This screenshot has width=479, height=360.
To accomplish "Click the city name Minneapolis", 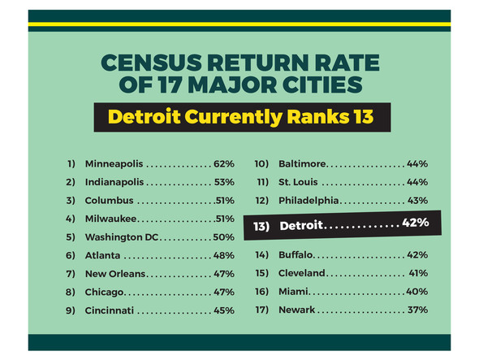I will pos(113,163).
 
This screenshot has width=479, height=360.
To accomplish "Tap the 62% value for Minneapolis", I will pos(224,163).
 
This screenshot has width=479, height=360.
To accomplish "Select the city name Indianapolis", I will pos(114,181).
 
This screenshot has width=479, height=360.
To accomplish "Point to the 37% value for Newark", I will pos(417,310).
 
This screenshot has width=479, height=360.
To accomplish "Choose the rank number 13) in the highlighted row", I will pos(261,227).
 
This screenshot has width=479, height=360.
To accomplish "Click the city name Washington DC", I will pos(121,236).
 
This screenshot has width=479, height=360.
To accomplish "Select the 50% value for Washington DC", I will pos(224,236).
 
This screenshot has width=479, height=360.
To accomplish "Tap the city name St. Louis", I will pos(298,181).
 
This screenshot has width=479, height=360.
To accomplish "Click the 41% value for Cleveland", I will pos(418,273).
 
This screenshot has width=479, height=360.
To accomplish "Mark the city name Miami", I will pos(292,291).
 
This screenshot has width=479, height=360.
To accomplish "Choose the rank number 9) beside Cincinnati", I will pos(71,310).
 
